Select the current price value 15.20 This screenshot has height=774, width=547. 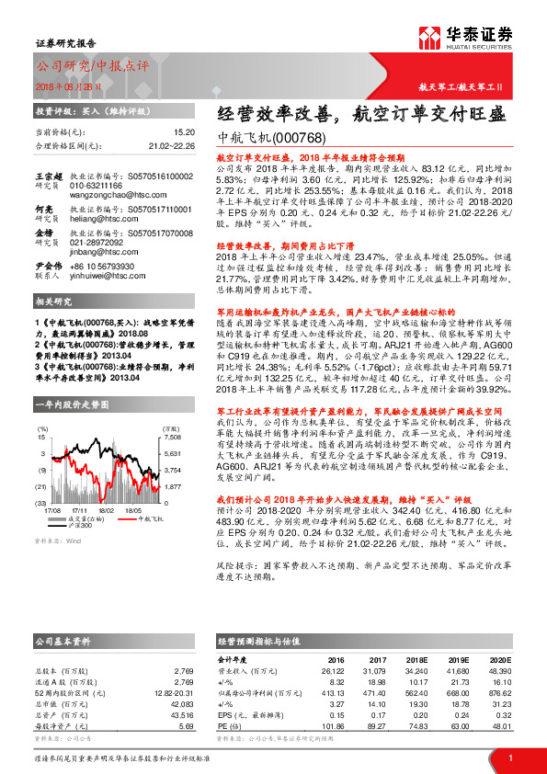[x=184, y=132]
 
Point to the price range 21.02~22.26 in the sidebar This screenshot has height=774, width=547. [x=172, y=145]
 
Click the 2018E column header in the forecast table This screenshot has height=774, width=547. [x=416, y=660]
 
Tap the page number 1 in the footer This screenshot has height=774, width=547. [x=509, y=757]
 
